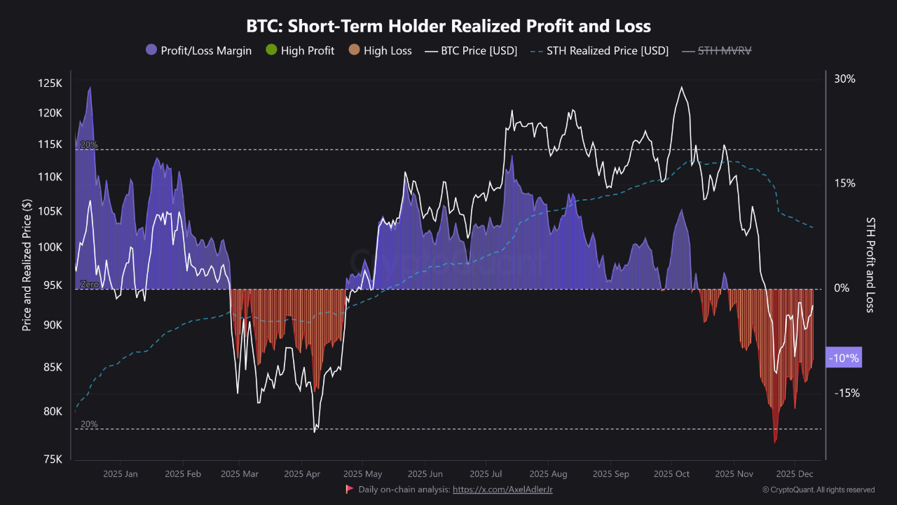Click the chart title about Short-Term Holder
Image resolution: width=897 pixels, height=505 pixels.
click(448, 27)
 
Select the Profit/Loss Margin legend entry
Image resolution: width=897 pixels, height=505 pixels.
click(198, 50)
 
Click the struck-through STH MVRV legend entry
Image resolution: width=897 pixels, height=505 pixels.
click(721, 50)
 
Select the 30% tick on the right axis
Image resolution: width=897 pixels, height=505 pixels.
click(844, 79)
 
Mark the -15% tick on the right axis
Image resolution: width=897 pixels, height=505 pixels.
click(846, 393)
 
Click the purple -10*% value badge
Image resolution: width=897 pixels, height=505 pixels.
click(844, 358)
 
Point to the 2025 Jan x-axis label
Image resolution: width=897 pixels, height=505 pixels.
click(120, 474)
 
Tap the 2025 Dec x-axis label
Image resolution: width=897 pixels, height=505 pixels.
click(795, 474)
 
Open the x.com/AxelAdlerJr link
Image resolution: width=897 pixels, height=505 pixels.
click(502, 490)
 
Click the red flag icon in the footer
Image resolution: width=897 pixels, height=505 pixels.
click(349, 489)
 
